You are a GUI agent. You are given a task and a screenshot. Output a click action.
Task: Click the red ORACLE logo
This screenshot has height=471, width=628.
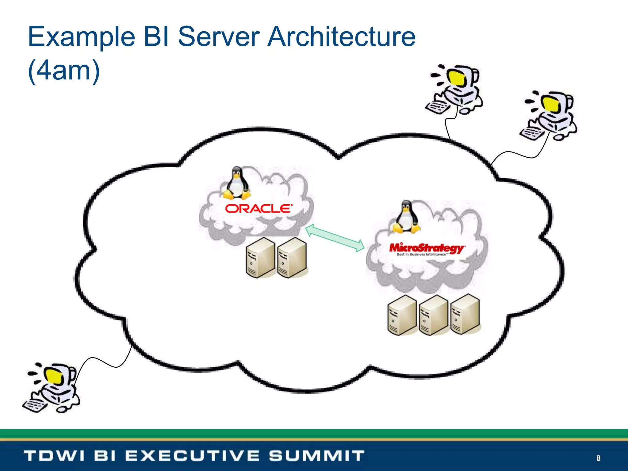[x=258, y=209]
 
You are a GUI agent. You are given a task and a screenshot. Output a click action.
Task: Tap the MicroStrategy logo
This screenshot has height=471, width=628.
[x=427, y=249]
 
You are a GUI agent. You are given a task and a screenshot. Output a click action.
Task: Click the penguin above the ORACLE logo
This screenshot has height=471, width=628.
[x=236, y=183]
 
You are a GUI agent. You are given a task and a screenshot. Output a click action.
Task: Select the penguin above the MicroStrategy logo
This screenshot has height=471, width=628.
[x=406, y=217]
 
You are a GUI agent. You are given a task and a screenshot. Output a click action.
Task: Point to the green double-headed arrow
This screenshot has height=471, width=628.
[x=335, y=238]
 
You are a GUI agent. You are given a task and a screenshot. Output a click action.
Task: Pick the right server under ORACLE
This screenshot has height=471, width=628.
[x=292, y=258]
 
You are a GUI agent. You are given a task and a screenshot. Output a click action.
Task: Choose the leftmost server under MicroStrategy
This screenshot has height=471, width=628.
[x=402, y=315]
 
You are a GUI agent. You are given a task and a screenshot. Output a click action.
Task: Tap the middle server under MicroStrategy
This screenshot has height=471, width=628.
[x=433, y=315]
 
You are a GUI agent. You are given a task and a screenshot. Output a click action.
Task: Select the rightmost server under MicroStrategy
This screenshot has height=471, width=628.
[x=465, y=314]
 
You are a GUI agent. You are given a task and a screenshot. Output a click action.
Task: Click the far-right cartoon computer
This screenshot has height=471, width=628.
[x=549, y=116]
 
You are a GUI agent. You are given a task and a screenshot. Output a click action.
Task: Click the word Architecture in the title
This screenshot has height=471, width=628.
[x=341, y=37]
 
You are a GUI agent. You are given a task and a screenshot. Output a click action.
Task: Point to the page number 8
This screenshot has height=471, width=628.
[x=598, y=458]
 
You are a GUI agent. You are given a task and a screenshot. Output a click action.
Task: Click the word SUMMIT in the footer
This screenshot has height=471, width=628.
[x=317, y=456]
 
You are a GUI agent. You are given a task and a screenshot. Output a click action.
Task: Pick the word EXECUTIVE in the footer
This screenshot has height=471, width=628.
[x=192, y=456]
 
